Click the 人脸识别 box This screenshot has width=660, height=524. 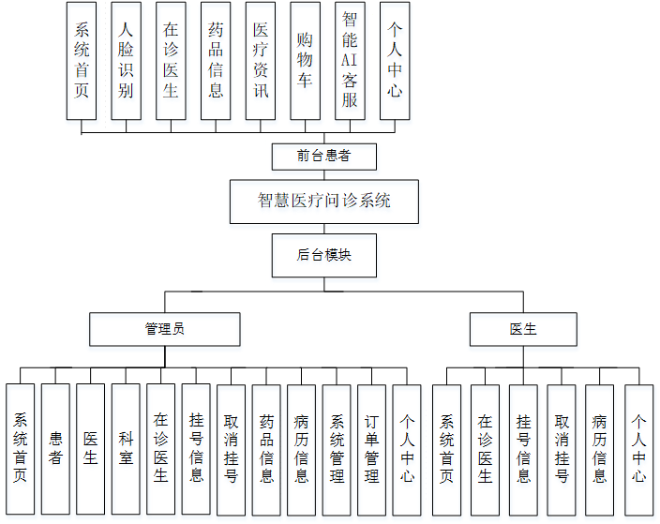coord(127,61)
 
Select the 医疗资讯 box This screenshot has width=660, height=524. coord(261,61)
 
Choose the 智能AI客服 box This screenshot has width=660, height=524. coord(350,61)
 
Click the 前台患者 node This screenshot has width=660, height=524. coord(323,157)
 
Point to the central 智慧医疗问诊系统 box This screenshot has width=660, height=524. coord(323,201)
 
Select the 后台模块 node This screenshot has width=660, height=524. coord(323,255)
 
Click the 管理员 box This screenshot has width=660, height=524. coord(165,329)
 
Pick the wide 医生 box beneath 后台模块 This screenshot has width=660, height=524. coord(523,329)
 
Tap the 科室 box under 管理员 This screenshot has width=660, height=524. coord(126,448)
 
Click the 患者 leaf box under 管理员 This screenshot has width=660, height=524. coord(55,448)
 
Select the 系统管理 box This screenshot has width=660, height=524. coord(337,448)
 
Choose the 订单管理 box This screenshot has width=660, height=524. coord(371,448)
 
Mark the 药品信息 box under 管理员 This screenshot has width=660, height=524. coord(266,448)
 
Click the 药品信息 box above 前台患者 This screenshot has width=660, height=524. coord(216,61)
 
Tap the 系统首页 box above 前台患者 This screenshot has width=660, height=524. coord(82,61)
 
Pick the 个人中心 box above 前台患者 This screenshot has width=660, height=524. coord(395,61)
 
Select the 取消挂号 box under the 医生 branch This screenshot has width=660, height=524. coord(562,448)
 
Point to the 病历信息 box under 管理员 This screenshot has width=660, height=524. coord(301,448)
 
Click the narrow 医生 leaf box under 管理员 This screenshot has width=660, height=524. coord(90,448)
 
